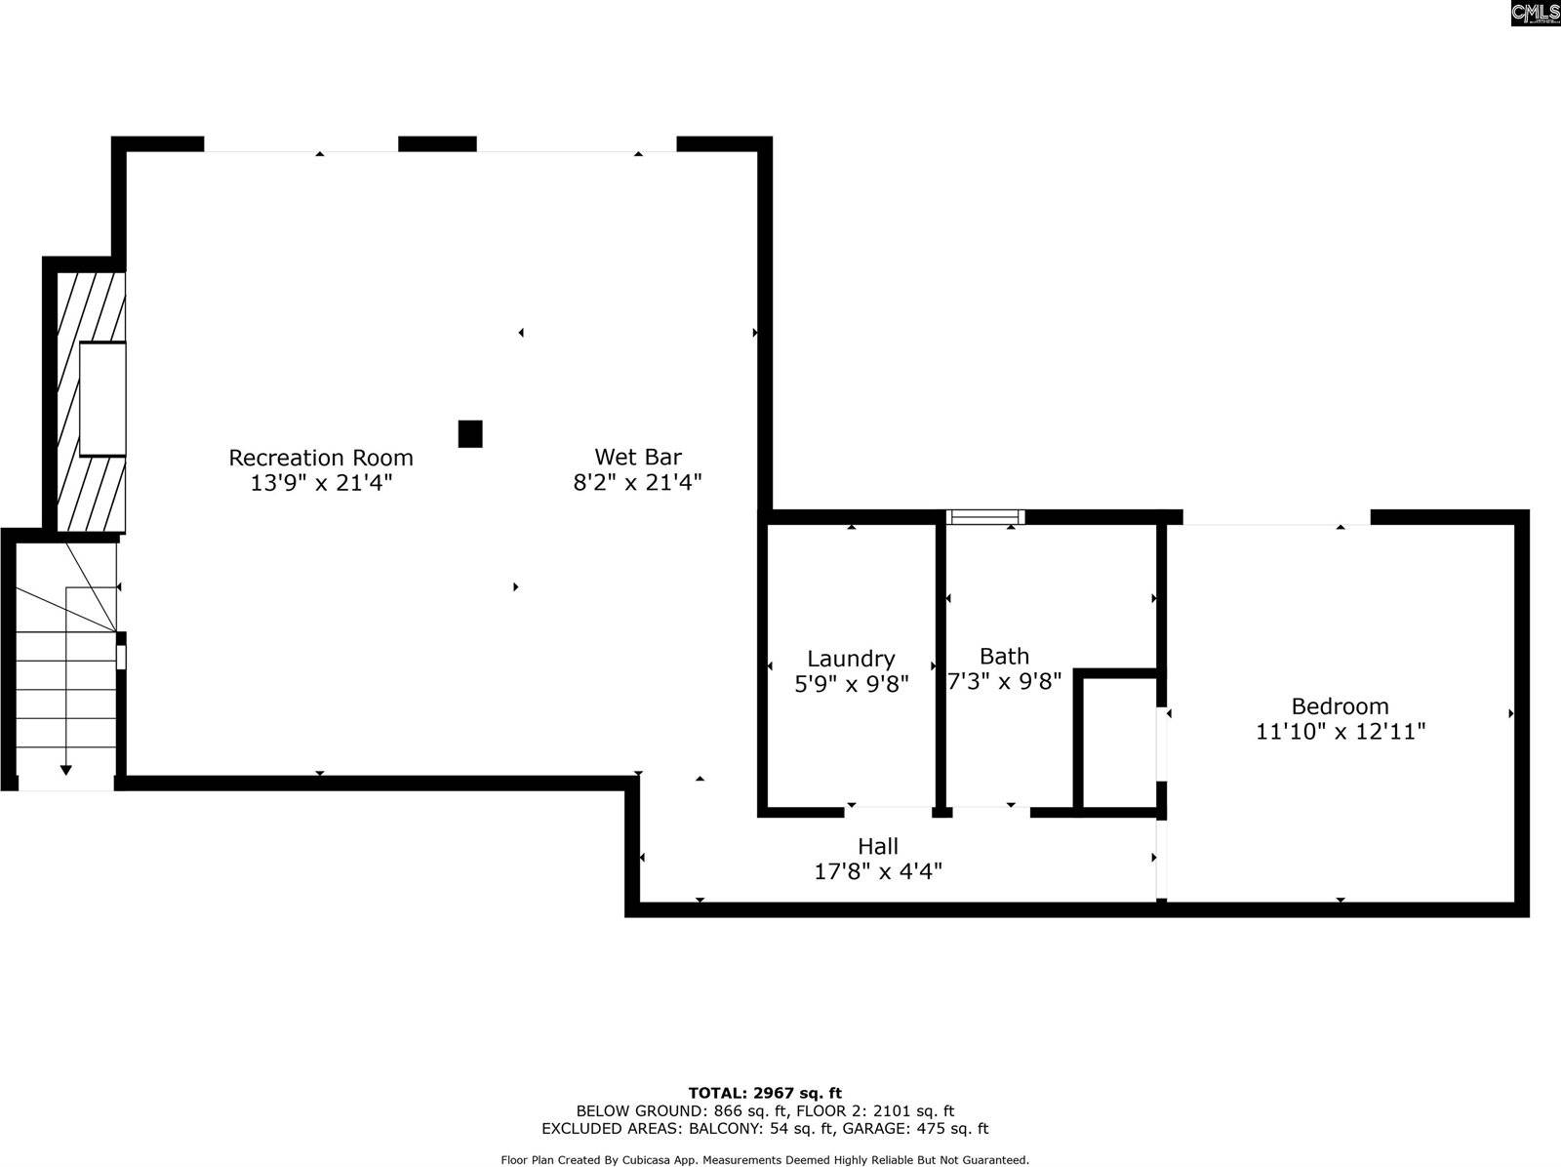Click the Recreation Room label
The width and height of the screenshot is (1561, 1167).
[321, 458]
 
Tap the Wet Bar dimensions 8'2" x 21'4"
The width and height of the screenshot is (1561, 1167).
[637, 483]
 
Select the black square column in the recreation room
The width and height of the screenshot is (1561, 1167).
[470, 434]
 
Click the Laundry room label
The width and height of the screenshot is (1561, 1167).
[852, 660]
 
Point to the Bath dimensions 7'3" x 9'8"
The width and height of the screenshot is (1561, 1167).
[1004, 681]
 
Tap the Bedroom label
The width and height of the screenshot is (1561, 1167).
[1340, 706]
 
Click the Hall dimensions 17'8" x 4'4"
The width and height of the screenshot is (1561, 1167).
[877, 871]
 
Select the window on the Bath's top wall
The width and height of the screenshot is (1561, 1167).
[985, 517]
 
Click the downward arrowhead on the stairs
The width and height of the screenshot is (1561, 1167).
[66, 770]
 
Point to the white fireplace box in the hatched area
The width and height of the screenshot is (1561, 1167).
[102, 399]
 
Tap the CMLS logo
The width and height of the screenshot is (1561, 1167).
[1536, 13]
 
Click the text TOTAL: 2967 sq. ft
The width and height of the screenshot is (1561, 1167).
[765, 1093]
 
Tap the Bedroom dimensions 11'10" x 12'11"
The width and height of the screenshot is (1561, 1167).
[1340, 732]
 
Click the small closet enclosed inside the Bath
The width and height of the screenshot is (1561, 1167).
[1120, 743]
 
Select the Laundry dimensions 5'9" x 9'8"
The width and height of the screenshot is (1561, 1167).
[852, 684]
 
